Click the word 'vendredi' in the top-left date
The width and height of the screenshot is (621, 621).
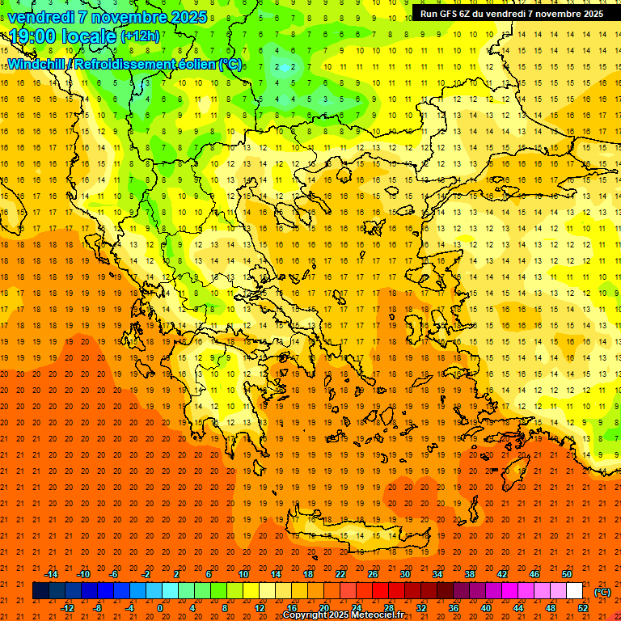[42, 16]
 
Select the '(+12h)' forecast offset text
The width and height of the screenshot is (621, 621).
[140, 36]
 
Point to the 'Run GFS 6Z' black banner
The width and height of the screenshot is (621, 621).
[511, 14]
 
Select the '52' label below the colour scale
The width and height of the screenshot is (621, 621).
[583, 608]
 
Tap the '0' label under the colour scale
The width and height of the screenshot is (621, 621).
[159, 608]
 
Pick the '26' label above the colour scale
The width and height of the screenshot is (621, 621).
[373, 574]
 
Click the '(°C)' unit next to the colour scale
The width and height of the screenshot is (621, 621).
[602, 592]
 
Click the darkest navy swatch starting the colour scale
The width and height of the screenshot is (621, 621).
[40, 591]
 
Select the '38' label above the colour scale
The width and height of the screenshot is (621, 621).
[470, 574]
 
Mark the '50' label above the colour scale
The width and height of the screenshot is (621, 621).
[567, 574]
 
